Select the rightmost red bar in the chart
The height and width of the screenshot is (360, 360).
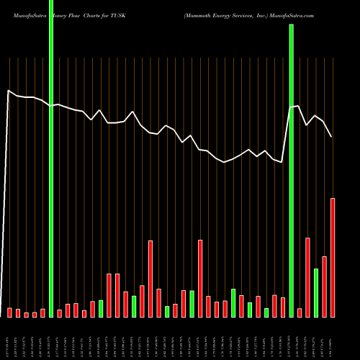333,257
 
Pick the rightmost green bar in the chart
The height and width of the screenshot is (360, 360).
316,292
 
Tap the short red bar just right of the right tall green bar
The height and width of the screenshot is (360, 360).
300,312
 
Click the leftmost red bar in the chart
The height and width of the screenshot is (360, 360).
10,312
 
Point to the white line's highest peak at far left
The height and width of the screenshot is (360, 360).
9,91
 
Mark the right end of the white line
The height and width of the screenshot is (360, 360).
332,137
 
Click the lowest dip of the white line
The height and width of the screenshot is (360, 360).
225,163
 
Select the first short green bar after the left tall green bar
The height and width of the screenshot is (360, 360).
101,308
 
